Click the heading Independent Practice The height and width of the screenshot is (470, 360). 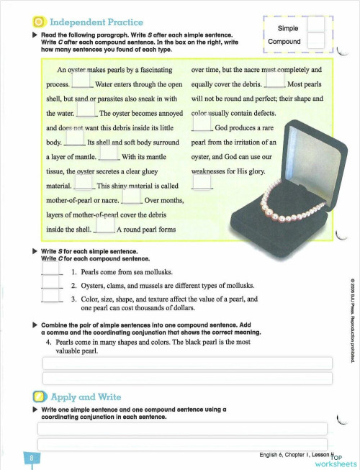[x=97, y=24]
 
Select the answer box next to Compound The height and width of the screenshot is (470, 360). [x=315, y=42]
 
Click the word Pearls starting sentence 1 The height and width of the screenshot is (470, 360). [x=93, y=273]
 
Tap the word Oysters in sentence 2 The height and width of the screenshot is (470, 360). [x=95, y=286]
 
